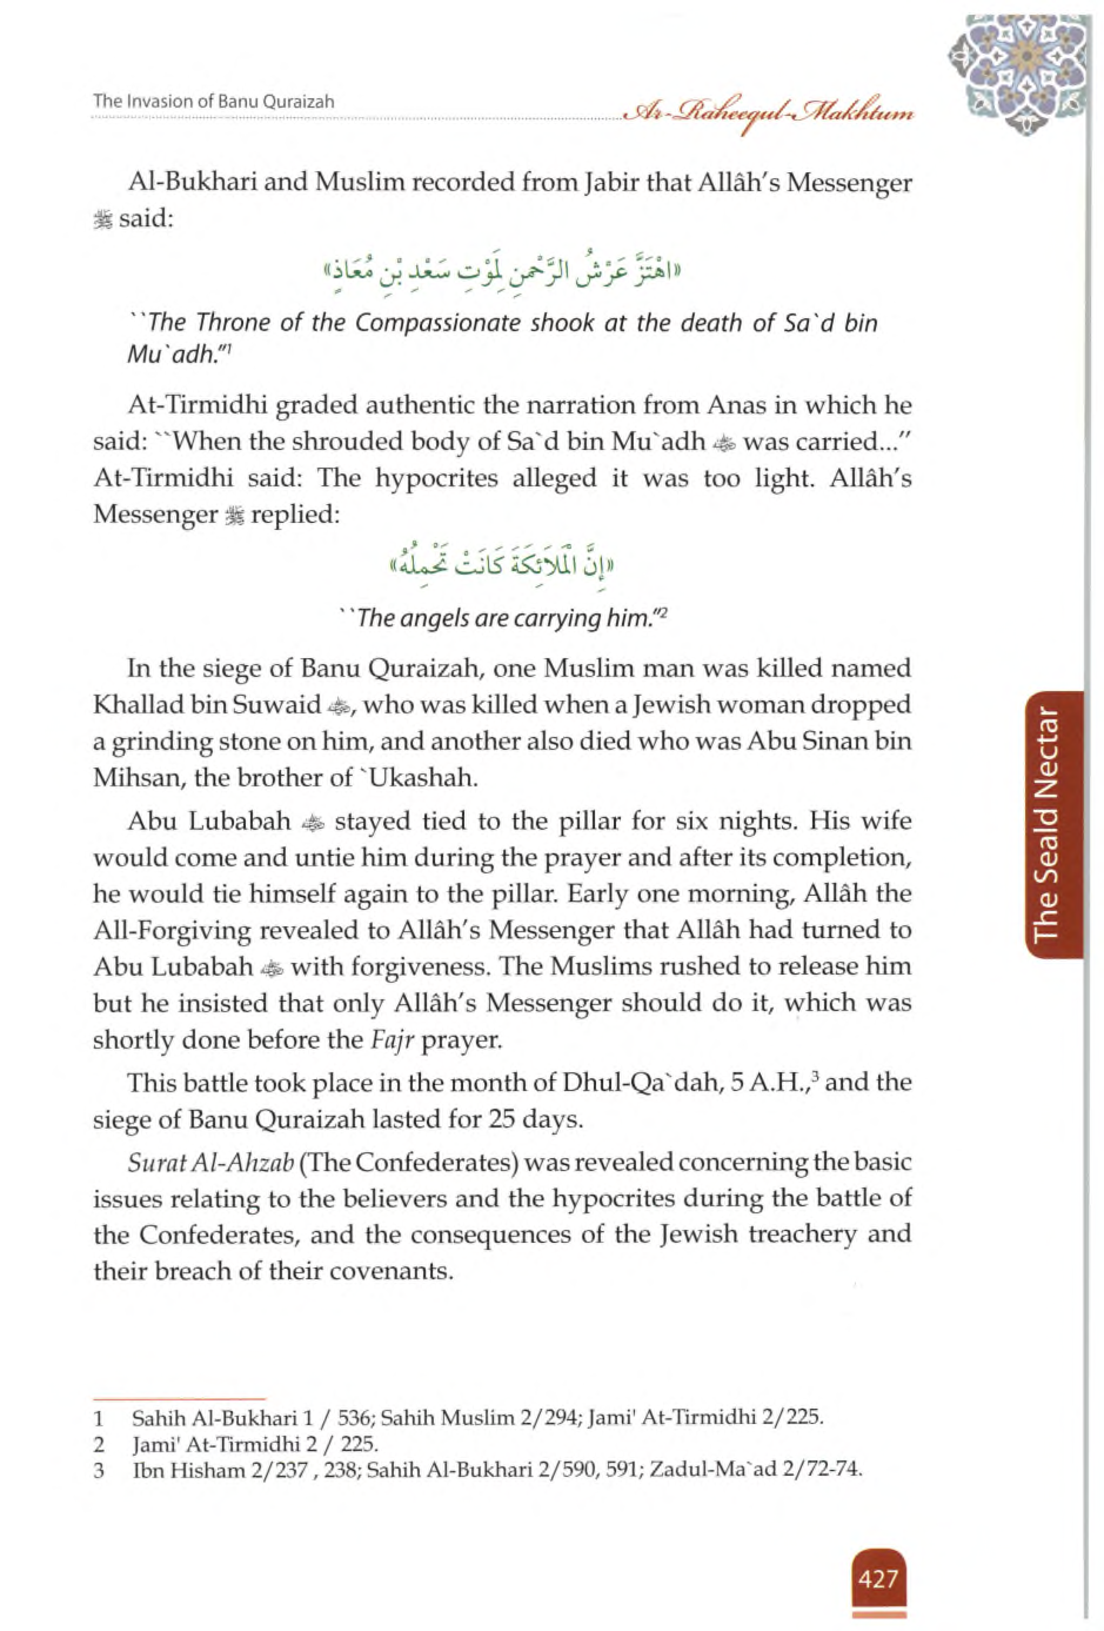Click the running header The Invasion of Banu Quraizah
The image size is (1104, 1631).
tap(214, 101)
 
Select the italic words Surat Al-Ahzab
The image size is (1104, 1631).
tap(210, 1162)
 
